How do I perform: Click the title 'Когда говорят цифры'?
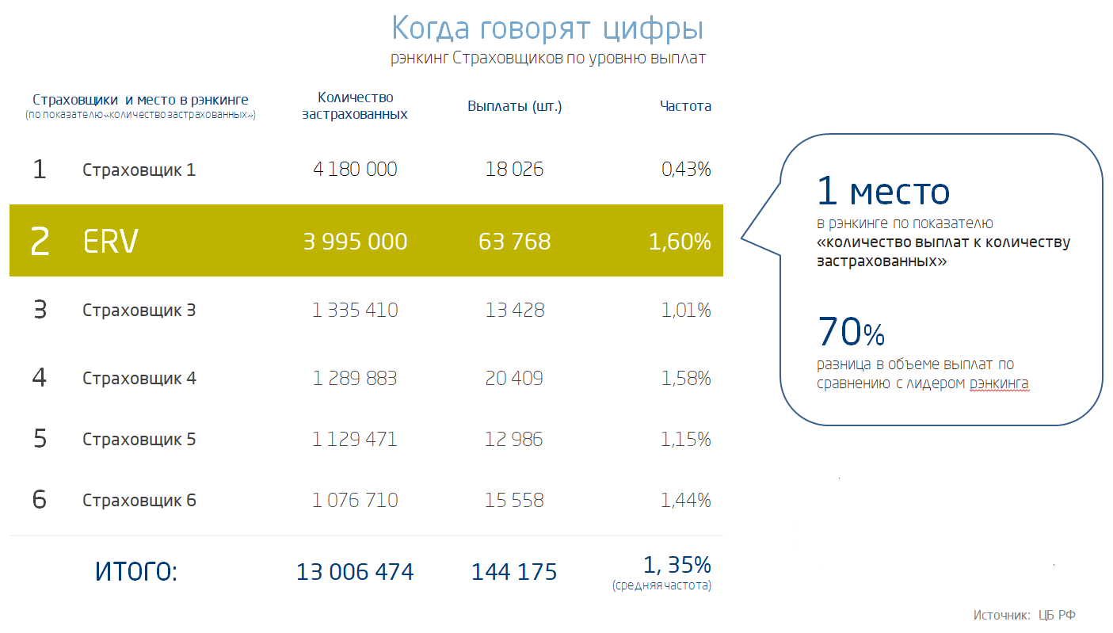547,29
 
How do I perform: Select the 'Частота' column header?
685,106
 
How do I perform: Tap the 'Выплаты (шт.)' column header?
514,106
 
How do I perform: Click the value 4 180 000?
355,170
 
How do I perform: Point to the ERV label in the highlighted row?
110,242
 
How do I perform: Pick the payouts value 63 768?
514,242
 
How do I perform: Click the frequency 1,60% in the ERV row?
679,242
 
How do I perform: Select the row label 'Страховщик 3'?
139,310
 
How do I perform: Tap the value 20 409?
514,379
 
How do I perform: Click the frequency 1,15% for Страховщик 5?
685,439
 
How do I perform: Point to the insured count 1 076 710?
355,500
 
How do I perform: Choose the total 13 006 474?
355,571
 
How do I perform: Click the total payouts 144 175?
514,571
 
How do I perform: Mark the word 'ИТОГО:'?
136,571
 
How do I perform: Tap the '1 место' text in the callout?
883,192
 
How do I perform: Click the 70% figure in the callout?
851,332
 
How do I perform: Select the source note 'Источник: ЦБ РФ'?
1024,615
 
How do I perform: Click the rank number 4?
39,378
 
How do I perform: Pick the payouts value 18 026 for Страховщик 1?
514,170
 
